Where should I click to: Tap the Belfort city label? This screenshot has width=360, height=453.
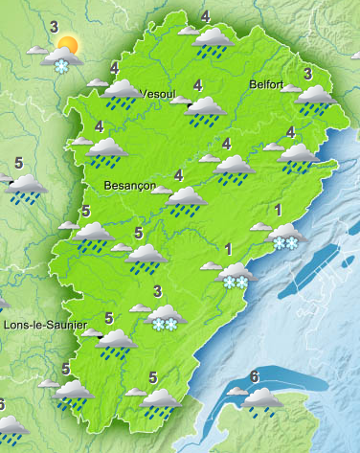[265, 84]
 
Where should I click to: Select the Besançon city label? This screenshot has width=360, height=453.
[128, 185]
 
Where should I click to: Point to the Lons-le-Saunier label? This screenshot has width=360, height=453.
[40, 326]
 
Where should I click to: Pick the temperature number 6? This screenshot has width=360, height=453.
[254, 375]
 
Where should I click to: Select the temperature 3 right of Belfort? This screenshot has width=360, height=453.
[307, 74]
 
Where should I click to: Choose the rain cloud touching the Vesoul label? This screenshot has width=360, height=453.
[122, 91]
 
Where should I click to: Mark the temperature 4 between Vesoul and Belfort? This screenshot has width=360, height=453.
[198, 85]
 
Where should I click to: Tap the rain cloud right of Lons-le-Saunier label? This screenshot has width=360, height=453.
[117, 339]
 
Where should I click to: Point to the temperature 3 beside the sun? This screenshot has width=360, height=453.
[54, 26]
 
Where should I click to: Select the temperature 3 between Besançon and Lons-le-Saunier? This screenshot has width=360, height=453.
[157, 292]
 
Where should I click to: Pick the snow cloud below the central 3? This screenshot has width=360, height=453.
[165, 316]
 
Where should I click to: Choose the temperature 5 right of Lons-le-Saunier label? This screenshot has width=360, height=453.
[108, 318]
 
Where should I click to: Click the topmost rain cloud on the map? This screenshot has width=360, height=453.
[213, 39]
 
